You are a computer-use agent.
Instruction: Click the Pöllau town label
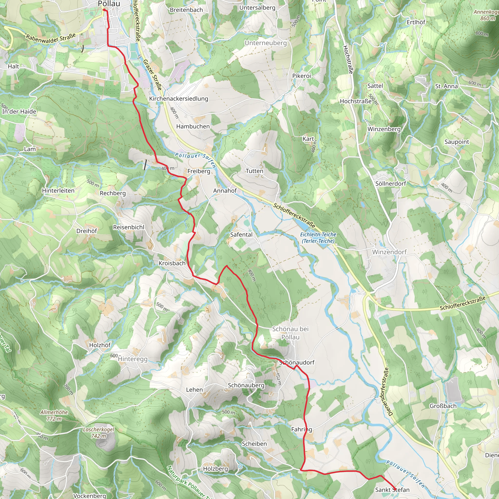tap(109, 4)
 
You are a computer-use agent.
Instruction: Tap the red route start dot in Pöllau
tap(104, 10)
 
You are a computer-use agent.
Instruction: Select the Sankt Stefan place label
tap(392, 490)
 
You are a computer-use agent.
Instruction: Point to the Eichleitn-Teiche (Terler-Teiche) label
tap(318, 238)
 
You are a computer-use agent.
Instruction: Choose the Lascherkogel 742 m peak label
tap(98, 433)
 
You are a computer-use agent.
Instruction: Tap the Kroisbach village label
tap(172, 263)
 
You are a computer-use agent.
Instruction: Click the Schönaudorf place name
tap(297, 362)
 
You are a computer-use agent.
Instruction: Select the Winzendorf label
tap(389, 252)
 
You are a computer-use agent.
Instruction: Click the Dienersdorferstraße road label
tap(386, 391)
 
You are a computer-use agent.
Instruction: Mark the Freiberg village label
tap(199, 171)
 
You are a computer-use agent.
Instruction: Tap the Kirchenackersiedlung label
tap(178, 98)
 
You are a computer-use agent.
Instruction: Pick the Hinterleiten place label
tap(58, 191)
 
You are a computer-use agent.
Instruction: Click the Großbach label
tap(443, 406)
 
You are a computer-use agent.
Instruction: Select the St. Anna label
tap(446, 86)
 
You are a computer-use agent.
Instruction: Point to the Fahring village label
tap(301, 429)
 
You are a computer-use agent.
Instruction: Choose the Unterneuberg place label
tap(266, 43)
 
